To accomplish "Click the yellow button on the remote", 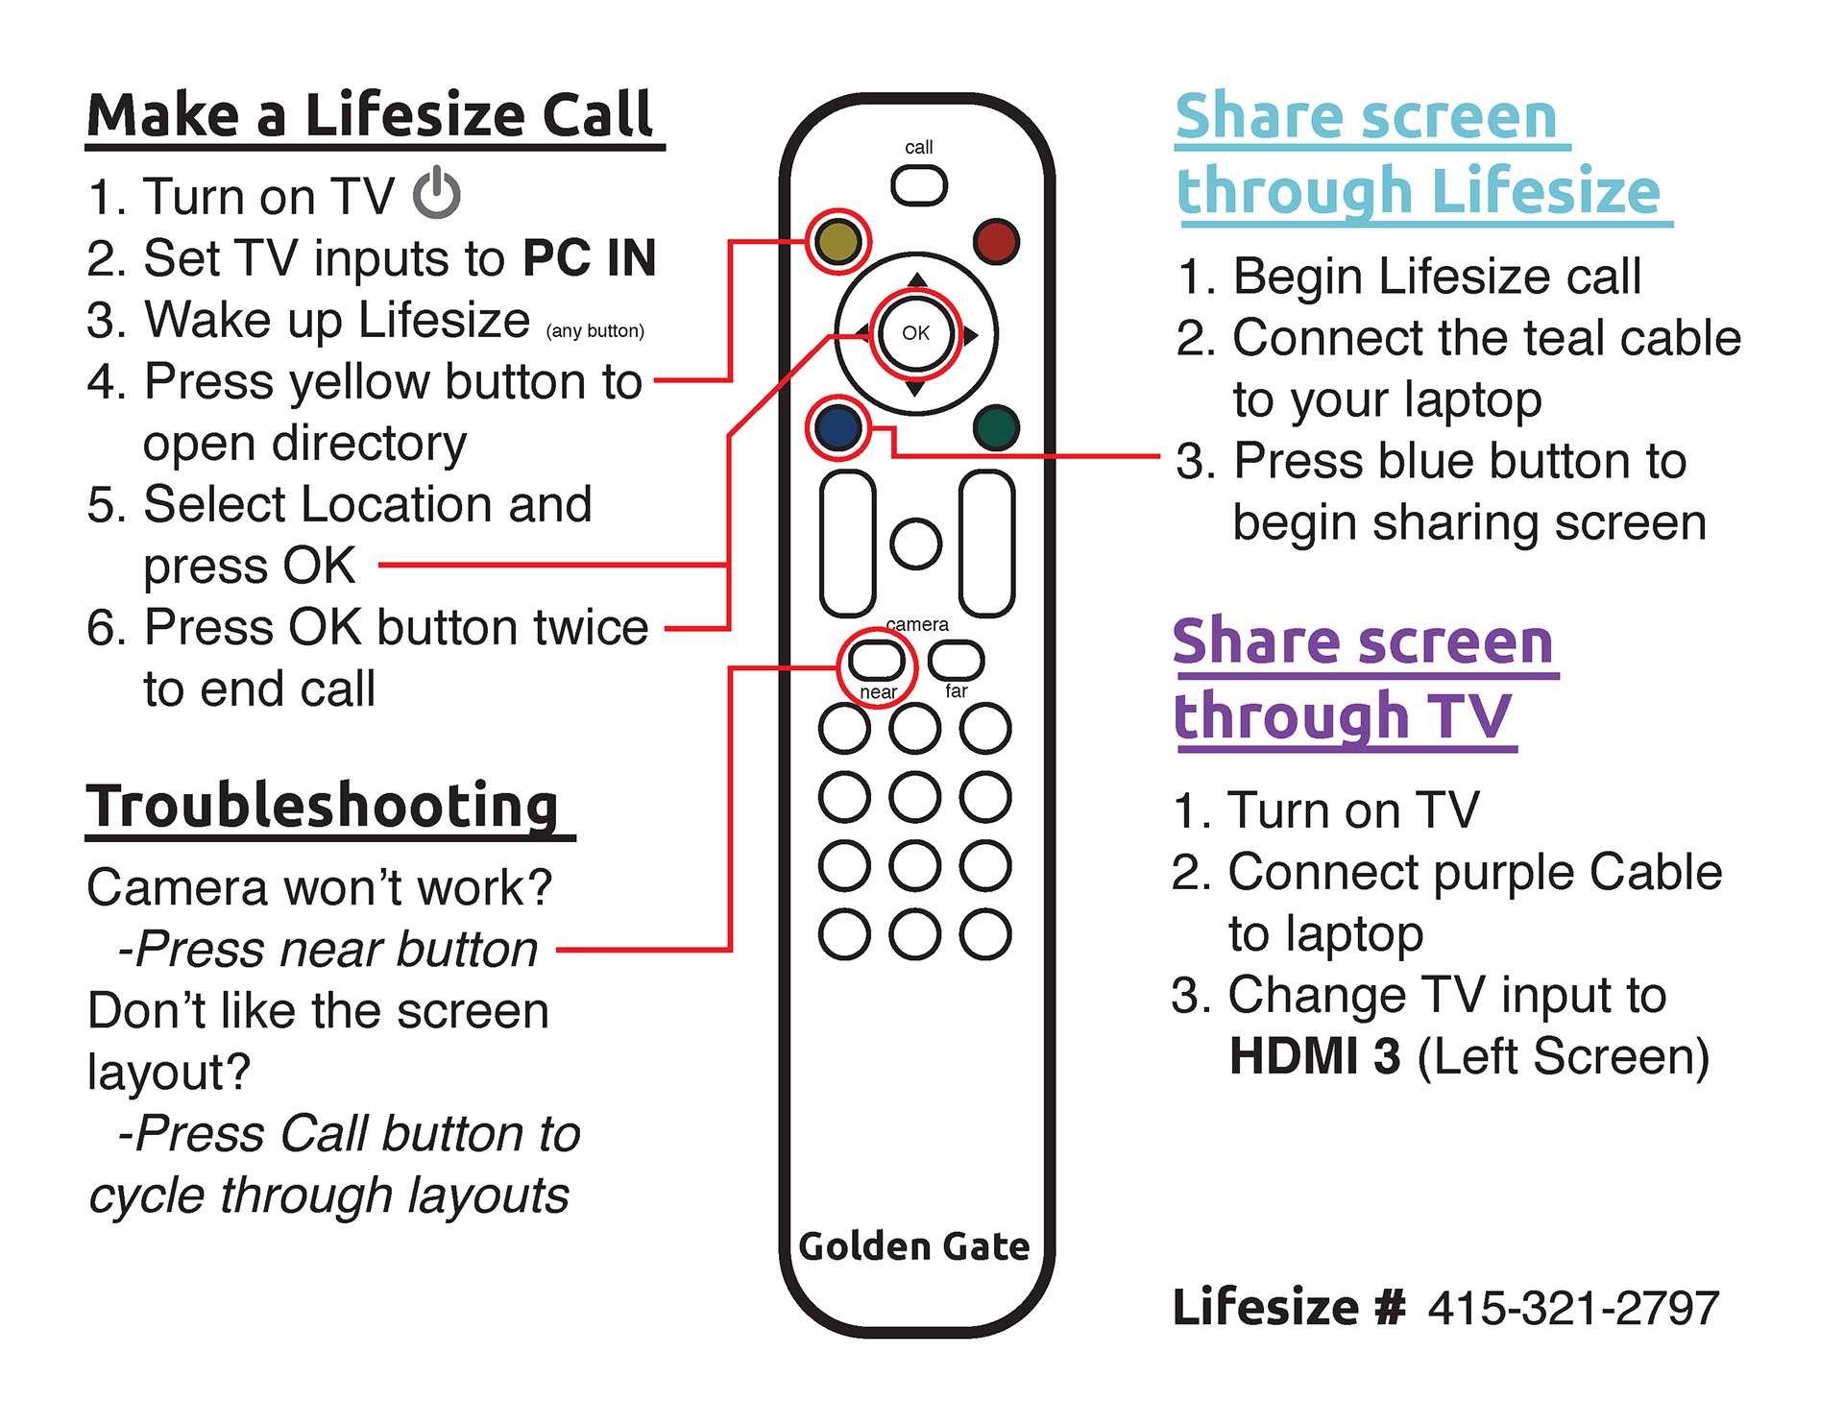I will click(x=837, y=242).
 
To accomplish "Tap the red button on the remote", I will click(x=995, y=242).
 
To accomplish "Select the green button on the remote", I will click(x=995, y=427).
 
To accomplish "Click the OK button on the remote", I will click(x=915, y=333).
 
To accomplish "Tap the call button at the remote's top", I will click(x=919, y=185).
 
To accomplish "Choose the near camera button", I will click(x=877, y=661).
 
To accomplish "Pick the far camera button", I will click(x=957, y=660).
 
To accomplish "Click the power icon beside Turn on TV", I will click(x=437, y=193).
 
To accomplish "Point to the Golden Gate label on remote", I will click(x=914, y=1246).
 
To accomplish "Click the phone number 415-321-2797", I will click(x=1573, y=1308).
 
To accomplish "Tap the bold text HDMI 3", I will click(x=1315, y=1056).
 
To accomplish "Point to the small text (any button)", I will click(x=594, y=331).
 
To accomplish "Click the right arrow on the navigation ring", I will click(x=971, y=335).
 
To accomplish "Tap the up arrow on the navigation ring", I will click(x=917, y=279).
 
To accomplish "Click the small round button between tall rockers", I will click(x=915, y=544).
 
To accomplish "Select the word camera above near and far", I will click(x=917, y=624).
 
